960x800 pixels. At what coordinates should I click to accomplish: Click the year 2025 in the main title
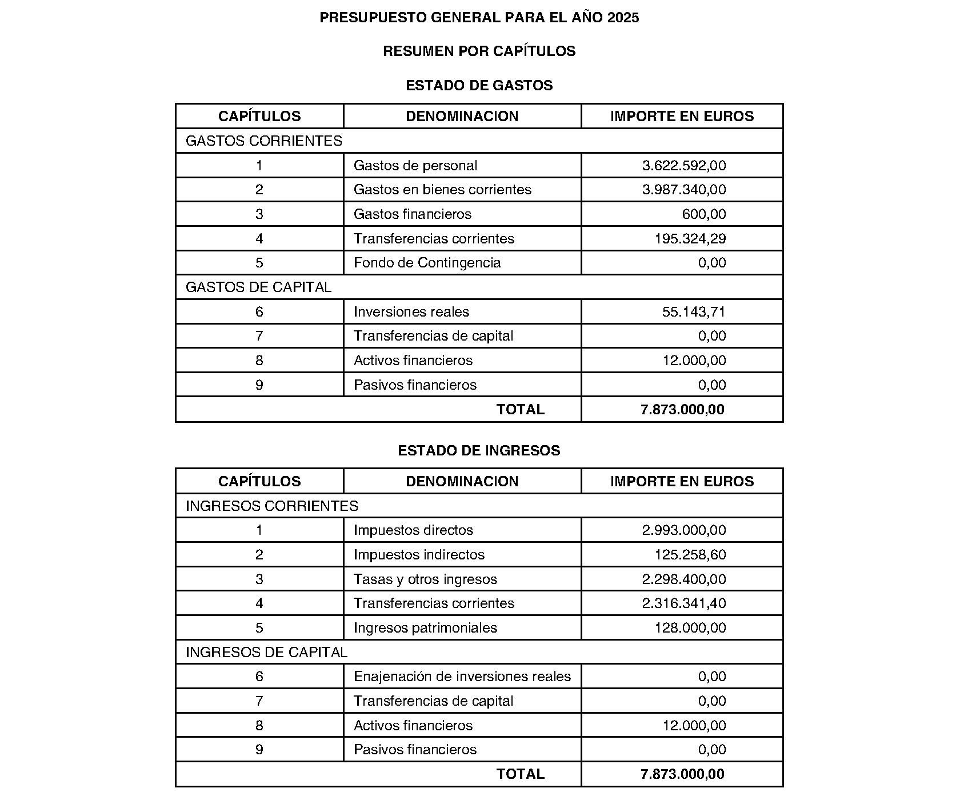623,18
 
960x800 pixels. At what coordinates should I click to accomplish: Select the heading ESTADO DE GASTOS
479,86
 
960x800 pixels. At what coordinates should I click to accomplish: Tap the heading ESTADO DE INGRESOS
479,451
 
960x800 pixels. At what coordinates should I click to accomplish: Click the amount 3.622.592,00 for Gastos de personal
684,166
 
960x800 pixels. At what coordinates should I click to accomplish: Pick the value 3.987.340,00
684,190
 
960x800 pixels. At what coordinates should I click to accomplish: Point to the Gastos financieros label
413,214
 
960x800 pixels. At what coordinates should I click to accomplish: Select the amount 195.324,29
690,239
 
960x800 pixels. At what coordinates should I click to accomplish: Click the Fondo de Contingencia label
427,263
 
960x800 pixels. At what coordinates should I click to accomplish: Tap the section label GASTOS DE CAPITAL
258,287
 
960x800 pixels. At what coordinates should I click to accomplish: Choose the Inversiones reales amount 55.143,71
694,312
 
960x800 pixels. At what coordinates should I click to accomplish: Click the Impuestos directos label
413,530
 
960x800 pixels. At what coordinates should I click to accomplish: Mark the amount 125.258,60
690,555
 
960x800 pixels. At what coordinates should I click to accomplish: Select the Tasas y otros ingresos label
425,579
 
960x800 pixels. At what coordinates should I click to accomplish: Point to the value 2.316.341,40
684,603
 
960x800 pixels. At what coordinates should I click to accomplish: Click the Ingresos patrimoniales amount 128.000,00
690,628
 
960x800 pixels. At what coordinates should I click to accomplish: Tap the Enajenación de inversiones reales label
462,677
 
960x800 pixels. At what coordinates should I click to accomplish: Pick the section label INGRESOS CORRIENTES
272,506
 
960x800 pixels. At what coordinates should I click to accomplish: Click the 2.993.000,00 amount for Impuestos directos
684,530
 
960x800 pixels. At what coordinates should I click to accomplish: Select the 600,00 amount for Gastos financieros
704,214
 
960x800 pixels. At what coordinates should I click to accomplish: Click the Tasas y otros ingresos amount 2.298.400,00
684,579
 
